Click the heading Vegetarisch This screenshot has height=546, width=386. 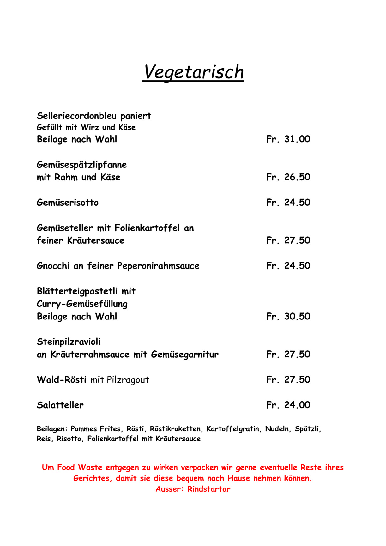(x=193, y=72)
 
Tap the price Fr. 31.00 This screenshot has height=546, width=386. (x=288, y=139)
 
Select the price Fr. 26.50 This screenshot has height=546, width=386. (x=288, y=177)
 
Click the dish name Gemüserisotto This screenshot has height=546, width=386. (x=68, y=203)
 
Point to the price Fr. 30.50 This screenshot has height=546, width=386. (x=288, y=316)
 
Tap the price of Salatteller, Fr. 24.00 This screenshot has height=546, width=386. (x=288, y=405)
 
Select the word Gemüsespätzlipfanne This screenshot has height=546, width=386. (x=82, y=165)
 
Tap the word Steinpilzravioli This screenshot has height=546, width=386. (x=69, y=342)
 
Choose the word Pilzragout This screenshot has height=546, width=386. (x=128, y=380)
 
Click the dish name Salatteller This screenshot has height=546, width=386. (x=60, y=405)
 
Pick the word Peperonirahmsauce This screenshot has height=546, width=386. (x=158, y=266)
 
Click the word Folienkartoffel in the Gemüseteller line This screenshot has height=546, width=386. (x=147, y=228)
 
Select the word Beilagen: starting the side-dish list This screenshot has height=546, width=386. (x=52, y=429)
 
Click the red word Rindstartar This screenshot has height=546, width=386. (x=209, y=489)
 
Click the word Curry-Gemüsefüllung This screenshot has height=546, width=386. (x=82, y=304)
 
